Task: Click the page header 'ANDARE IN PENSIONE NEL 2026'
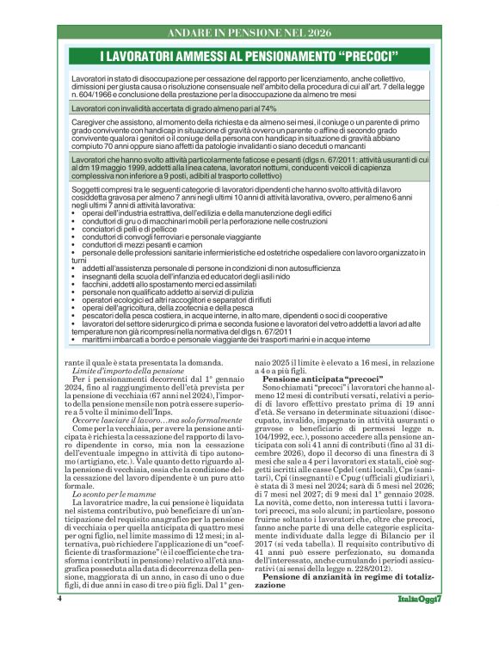[249, 33]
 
